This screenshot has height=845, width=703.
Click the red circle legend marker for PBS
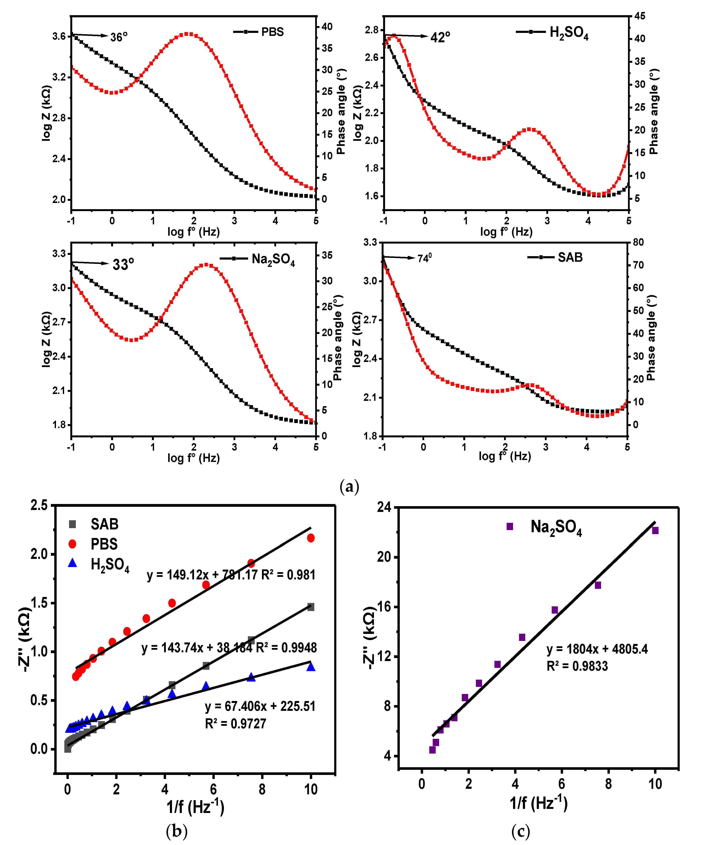(72, 544)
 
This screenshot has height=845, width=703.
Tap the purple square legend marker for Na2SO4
(510, 526)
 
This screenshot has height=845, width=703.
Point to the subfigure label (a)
(349, 487)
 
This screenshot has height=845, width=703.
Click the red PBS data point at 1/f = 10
(311, 538)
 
